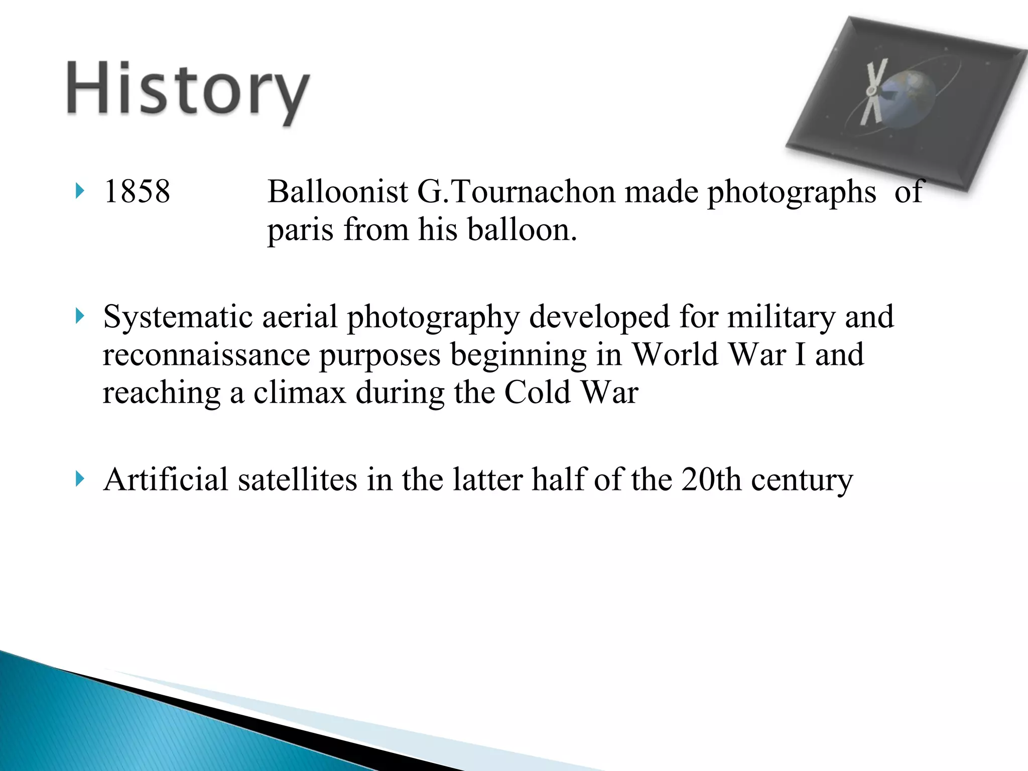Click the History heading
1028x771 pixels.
(x=188, y=90)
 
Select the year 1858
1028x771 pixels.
(x=137, y=192)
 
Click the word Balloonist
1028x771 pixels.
(x=338, y=192)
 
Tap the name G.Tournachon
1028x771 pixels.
(x=516, y=192)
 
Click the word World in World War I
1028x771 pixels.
(x=675, y=355)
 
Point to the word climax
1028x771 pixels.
(x=300, y=393)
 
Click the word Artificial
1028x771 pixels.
(x=166, y=479)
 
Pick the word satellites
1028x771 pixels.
(x=297, y=479)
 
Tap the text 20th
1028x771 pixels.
(x=711, y=479)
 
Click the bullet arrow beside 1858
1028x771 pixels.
(x=79, y=191)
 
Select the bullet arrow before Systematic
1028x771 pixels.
(x=79, y=317)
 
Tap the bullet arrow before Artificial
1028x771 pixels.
(x=79, y=479)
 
